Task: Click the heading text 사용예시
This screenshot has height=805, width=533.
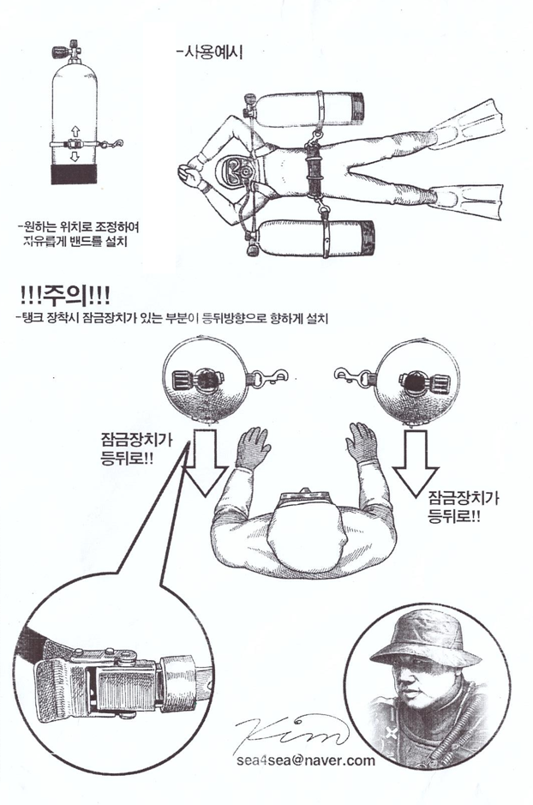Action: (209, 52)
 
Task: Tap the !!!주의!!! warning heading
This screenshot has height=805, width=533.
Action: (63, 297)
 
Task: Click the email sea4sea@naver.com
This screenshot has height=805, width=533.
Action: (305, 760)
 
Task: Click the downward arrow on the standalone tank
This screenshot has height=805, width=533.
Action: (75, 155)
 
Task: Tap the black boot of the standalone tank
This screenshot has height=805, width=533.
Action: (74, 174)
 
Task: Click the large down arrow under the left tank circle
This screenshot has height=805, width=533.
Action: (205, 462)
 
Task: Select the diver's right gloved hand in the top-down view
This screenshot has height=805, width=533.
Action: (363, 442)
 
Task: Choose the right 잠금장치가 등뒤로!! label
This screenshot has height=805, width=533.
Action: (464, 507)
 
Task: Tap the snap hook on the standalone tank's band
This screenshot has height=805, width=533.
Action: (113, 144)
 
